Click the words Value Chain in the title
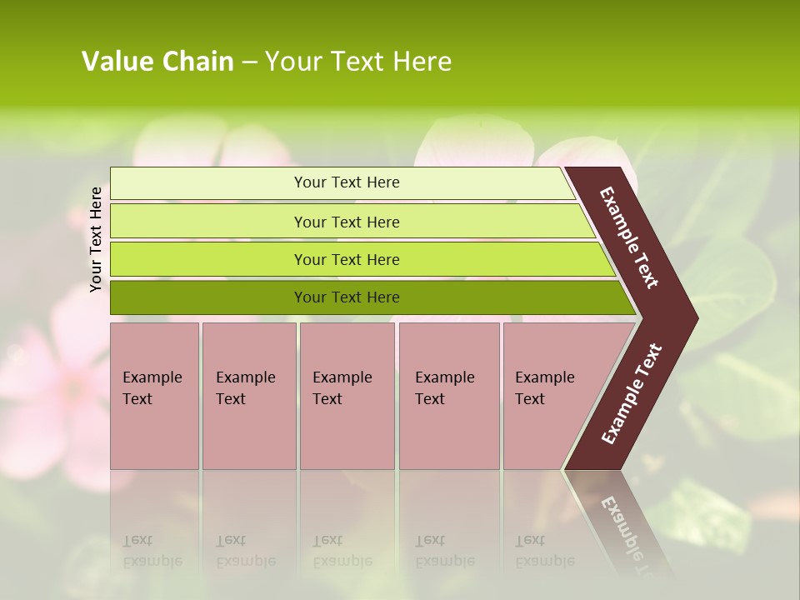(x=157, y=62)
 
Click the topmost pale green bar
(x=208, y=183)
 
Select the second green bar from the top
(x=208, y=222)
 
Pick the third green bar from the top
(x=208, y=259)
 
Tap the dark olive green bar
(x=208, y=297)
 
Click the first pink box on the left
(x=154, y=433)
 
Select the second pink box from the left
(x=248, y=433)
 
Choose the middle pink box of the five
(x=347, y=433)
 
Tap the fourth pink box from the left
(x=449, y=433)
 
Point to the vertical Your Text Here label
(x=97, y=239)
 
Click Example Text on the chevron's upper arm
(x=629, y=237)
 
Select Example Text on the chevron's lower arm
(x=631, y=394)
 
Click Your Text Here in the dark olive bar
(x=347, y=297)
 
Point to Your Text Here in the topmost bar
(x=347, y=182)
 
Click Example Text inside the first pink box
(x=152, y=387)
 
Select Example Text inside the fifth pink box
(x=544, y=387)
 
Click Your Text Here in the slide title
(x=358, y=62)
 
